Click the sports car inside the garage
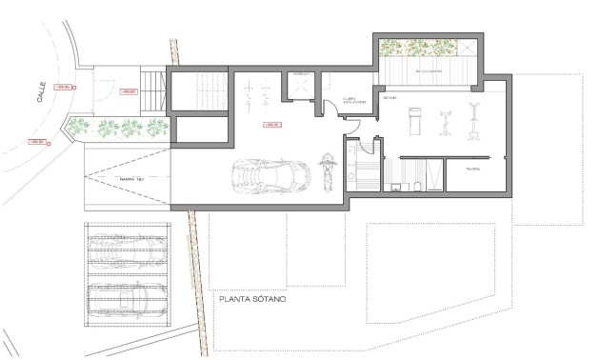point(271,176)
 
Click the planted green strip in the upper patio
point(419,48)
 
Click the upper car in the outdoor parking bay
point(126,249)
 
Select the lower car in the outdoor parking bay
point(126,293)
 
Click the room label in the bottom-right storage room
point(472,168)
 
